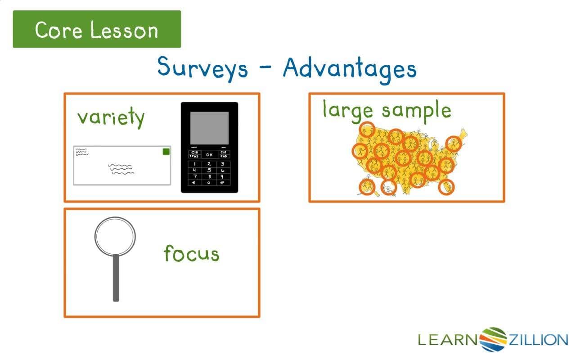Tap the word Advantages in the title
click(x=350, y=69)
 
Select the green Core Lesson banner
click(x=97, y=29)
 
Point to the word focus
click(x=191, y=253)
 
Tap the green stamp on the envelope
click(x=166, y=152)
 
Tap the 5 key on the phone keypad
click(x=209, y=171)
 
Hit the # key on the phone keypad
click(x=222, y=183)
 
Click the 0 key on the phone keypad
click(x=209, y=183)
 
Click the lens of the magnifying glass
click(x=115, y=236)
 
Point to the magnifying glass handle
click(x=116, y=277)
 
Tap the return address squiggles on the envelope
click(x=82, y=152)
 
